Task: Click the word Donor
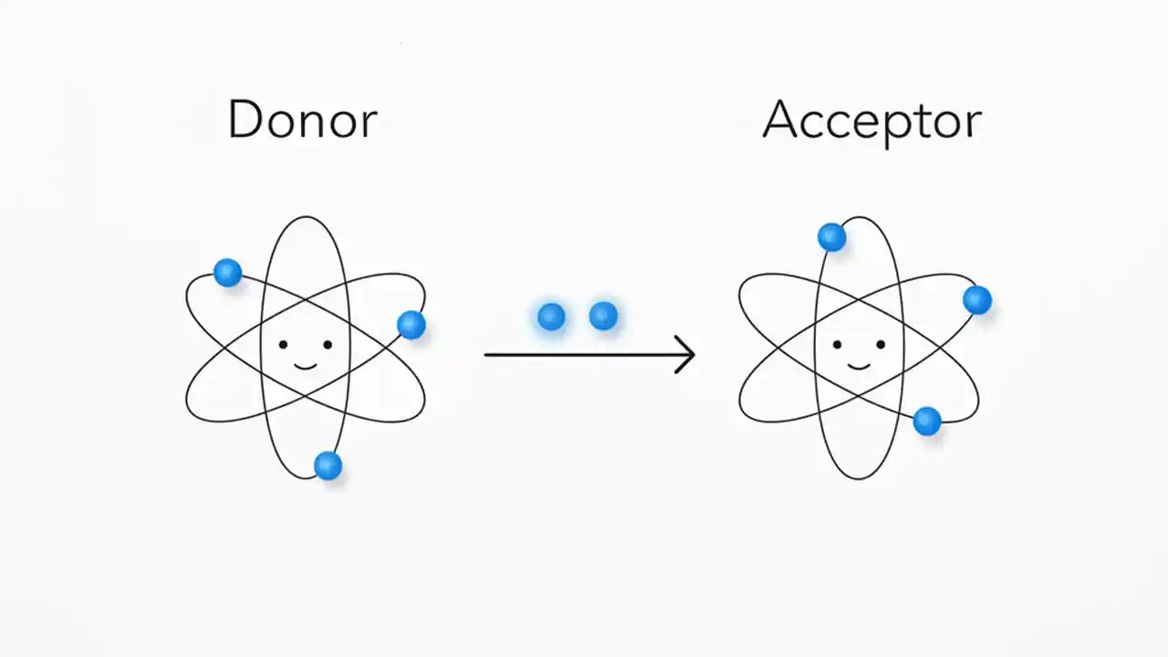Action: click(302, 120)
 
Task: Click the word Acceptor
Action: click(871, 120)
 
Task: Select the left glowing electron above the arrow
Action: click(551, 317)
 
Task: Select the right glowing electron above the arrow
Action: click(603, 317)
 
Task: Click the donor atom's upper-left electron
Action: click(227, 272)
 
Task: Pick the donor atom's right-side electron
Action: click(412, 324)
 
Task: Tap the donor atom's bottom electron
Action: click(328, 465)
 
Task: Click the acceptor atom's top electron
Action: click(831, 237)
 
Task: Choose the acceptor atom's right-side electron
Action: click(976, 299)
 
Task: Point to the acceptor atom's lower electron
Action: click(927, 421)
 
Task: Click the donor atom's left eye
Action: click(283, 345)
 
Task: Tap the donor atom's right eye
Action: click(328, 345)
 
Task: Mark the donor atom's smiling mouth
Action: click(305, 366)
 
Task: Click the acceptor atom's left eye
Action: click(837, 345)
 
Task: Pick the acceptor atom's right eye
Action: click(881, 345)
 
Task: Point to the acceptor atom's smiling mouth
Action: click(859, 366)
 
